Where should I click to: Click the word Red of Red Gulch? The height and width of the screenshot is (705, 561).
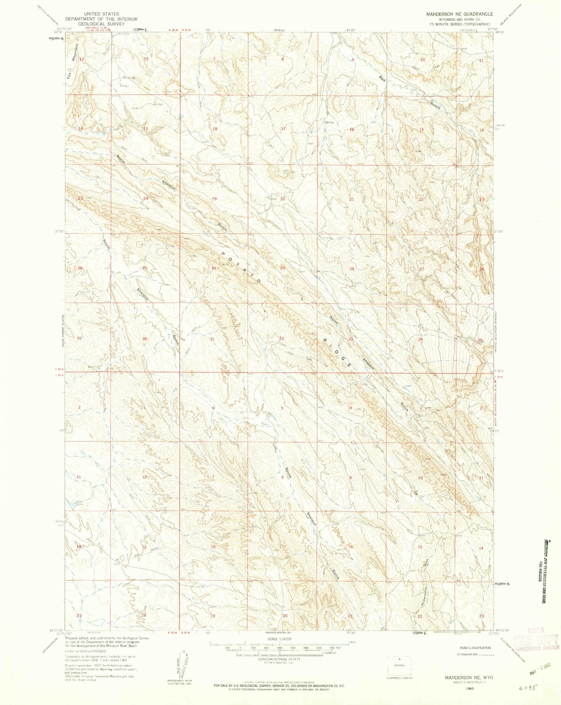click(382, 78)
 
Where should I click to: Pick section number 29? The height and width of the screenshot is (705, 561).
click(283, 268)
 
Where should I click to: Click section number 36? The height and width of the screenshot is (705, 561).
click(144, 339)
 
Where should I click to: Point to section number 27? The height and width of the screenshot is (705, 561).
click(422, 269)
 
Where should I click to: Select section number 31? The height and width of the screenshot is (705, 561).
click(212, 339)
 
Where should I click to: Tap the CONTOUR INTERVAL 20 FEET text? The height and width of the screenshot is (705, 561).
click(280, 659)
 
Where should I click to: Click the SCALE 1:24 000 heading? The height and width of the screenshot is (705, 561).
click(280, 639)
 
